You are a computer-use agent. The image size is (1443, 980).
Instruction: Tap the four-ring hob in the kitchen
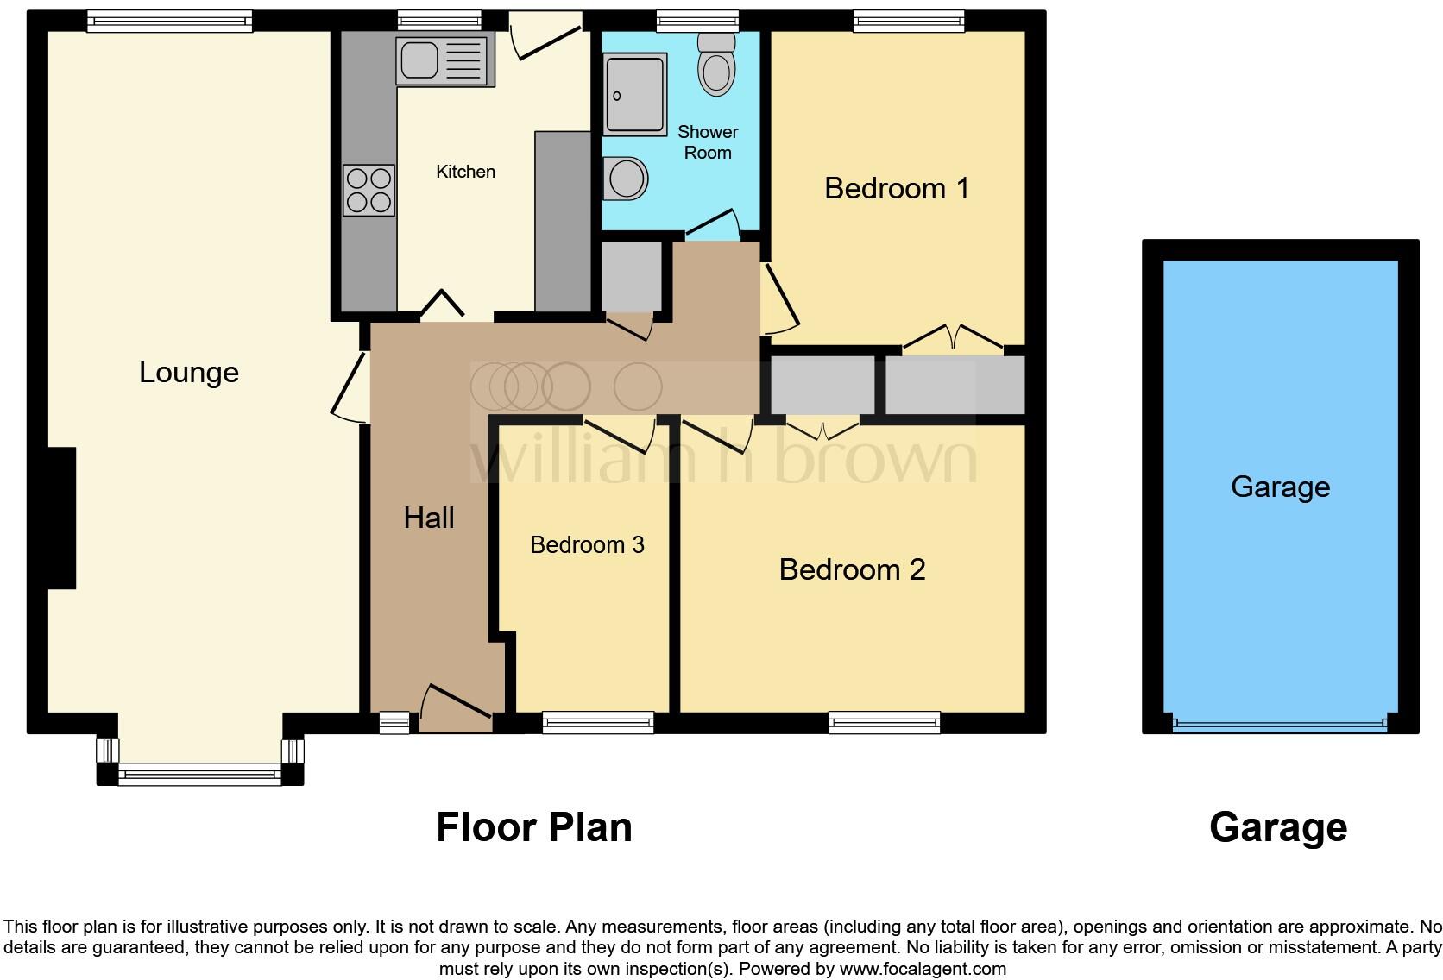[x=369, y=190]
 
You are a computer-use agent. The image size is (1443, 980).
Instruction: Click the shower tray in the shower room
[x=635, y=94]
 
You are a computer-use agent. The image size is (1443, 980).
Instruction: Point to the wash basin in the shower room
[x=626, y=179]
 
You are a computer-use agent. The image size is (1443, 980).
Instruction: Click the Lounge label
[x=189, y=372]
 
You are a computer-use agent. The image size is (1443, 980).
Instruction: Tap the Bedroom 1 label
[x=897, y=188]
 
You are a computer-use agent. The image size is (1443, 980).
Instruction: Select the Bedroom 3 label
[x=587, y=545]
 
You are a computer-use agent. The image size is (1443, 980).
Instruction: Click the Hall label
[x=429, y=518]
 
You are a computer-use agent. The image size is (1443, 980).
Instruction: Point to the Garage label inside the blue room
[x=1280, y=487]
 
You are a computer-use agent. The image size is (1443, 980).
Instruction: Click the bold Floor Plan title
[x=534, y=827]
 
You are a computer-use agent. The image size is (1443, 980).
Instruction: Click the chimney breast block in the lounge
[x=61, y=518]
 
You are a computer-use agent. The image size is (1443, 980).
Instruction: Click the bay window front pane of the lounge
[x=199, y=776]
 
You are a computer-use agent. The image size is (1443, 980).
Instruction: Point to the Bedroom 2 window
[x=884, y=722]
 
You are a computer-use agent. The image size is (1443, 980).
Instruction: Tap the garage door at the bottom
[x=1280, y=726]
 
